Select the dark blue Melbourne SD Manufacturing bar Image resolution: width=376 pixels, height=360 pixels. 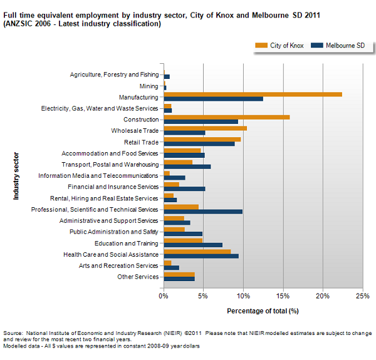(213, 99)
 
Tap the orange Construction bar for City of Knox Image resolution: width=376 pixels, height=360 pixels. (226, 116)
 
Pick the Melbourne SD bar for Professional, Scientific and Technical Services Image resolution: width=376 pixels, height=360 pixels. (202, 212)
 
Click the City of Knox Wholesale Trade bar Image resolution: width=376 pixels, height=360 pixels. (205, 128)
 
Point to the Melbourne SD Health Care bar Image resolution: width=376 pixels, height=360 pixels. (201, 255)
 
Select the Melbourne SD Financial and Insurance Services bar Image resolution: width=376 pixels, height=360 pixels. (184, 188)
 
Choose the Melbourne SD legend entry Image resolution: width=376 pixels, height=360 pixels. (338, 45)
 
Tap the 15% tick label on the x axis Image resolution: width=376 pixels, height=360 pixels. (283, 296)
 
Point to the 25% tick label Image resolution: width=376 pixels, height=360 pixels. (362, 296)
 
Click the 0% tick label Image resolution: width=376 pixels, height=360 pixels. (164, 296)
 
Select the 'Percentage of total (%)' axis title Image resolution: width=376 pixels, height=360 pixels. (263, 311)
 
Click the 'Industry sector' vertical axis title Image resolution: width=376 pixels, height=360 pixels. (16, 175)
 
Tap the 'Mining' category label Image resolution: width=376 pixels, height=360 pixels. (149, 86)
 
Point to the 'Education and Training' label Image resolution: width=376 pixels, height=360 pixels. (127, 243)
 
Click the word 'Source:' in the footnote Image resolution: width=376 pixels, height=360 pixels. (14, 333)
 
